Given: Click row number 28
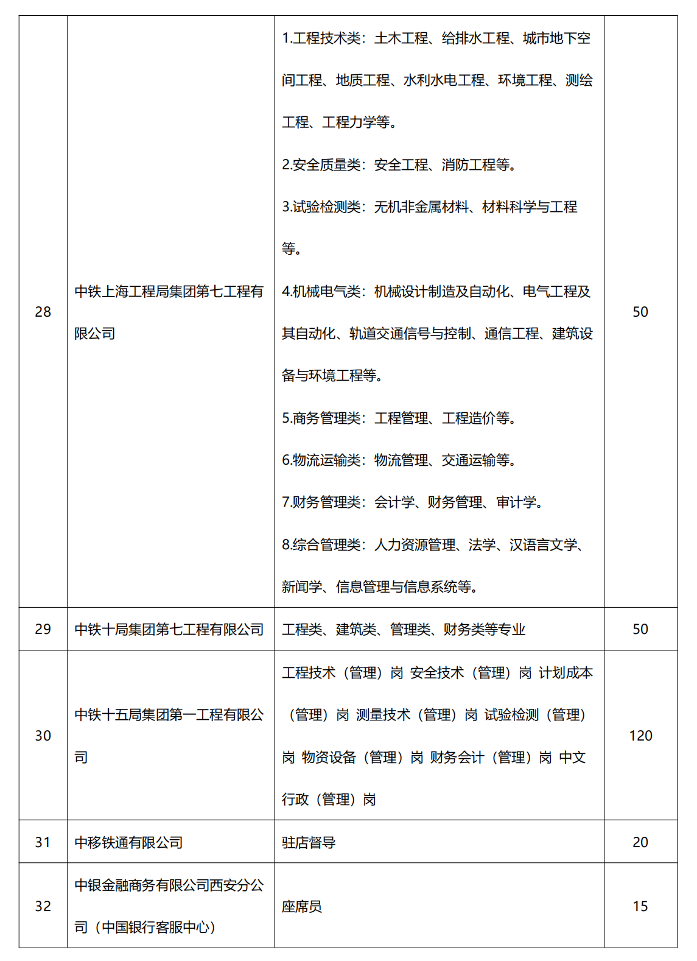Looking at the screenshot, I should tap(43, 312).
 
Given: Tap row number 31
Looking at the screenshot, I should tap(43, 842).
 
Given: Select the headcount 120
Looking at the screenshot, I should tap(640, 736).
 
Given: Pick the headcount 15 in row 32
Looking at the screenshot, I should tap(640, 906).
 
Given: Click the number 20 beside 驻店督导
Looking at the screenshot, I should tap(640, 842).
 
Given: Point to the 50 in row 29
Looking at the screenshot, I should tap(640, 629).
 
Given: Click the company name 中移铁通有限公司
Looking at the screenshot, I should tap(128, 843).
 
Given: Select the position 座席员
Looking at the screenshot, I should tap(302, 907).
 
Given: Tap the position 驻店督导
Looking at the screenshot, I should tap(309, 843).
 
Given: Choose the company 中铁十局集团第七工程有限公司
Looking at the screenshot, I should tap(169, 630).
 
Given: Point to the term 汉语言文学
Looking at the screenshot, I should tap(543, 545).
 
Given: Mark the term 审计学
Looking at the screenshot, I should tap(516, 502).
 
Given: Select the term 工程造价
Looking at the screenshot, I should tap(469, 418).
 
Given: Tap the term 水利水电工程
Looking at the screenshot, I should tap(444, 80).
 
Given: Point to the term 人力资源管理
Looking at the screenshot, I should tap(415, 545).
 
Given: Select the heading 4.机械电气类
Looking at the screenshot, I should tap(321, 292).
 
